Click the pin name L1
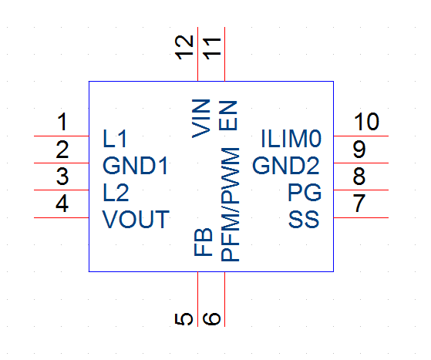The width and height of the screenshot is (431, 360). point(115,139)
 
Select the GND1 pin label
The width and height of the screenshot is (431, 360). point(135,166)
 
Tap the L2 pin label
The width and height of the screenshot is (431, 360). point(116,193)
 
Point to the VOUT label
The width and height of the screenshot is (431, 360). point(136,219)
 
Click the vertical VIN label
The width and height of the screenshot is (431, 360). point(201,119)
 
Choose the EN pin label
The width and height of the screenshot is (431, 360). point(228,116)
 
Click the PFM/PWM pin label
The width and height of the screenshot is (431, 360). point(230,204)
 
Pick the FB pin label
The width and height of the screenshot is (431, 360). point(204,242)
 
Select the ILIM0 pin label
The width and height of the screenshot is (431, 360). point(291,139)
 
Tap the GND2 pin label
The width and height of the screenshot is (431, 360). point(286,166)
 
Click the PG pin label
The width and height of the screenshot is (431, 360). point(305,193)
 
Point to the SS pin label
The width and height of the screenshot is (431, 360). point(304,219)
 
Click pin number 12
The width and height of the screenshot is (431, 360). point(184,48)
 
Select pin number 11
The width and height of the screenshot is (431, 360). point(212,49)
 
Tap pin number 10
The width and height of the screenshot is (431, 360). point(366,122)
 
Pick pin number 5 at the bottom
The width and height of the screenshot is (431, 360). point(184,319)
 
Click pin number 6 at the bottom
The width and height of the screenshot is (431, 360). point(211,319)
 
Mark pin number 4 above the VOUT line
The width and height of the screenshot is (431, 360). point(62,204)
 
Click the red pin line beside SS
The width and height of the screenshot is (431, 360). point(361,217)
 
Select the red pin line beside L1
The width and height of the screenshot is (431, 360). point(62,136)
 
